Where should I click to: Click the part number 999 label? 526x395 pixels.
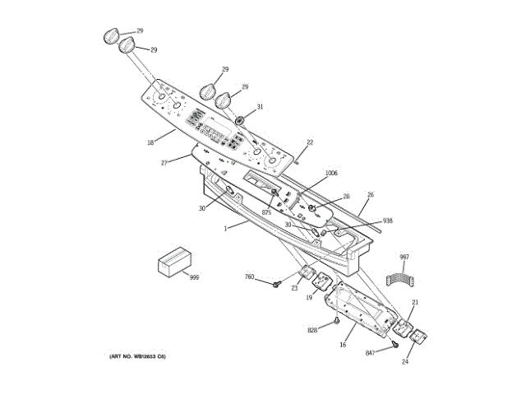coord(195,277)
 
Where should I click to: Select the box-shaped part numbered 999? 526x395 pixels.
coord(173,263)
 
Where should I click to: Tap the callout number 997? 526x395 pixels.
coord(404,258)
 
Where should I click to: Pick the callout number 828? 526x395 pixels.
coord(312,330)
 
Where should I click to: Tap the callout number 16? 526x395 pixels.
coord(343,346)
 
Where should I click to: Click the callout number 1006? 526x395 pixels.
coord(331,173)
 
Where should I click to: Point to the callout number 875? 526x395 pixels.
coord(266,213)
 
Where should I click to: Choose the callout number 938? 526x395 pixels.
coord(388,221)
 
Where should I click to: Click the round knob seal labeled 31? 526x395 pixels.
coord(241,121)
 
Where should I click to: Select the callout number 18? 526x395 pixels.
coord(150,142)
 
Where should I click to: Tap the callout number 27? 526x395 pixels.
coord(164,163)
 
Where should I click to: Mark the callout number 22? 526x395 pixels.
coord(310,142)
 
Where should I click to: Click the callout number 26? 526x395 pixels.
coord(370,195)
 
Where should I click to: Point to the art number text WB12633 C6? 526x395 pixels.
coord(138,356)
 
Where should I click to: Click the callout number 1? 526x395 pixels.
coord(225,227)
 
